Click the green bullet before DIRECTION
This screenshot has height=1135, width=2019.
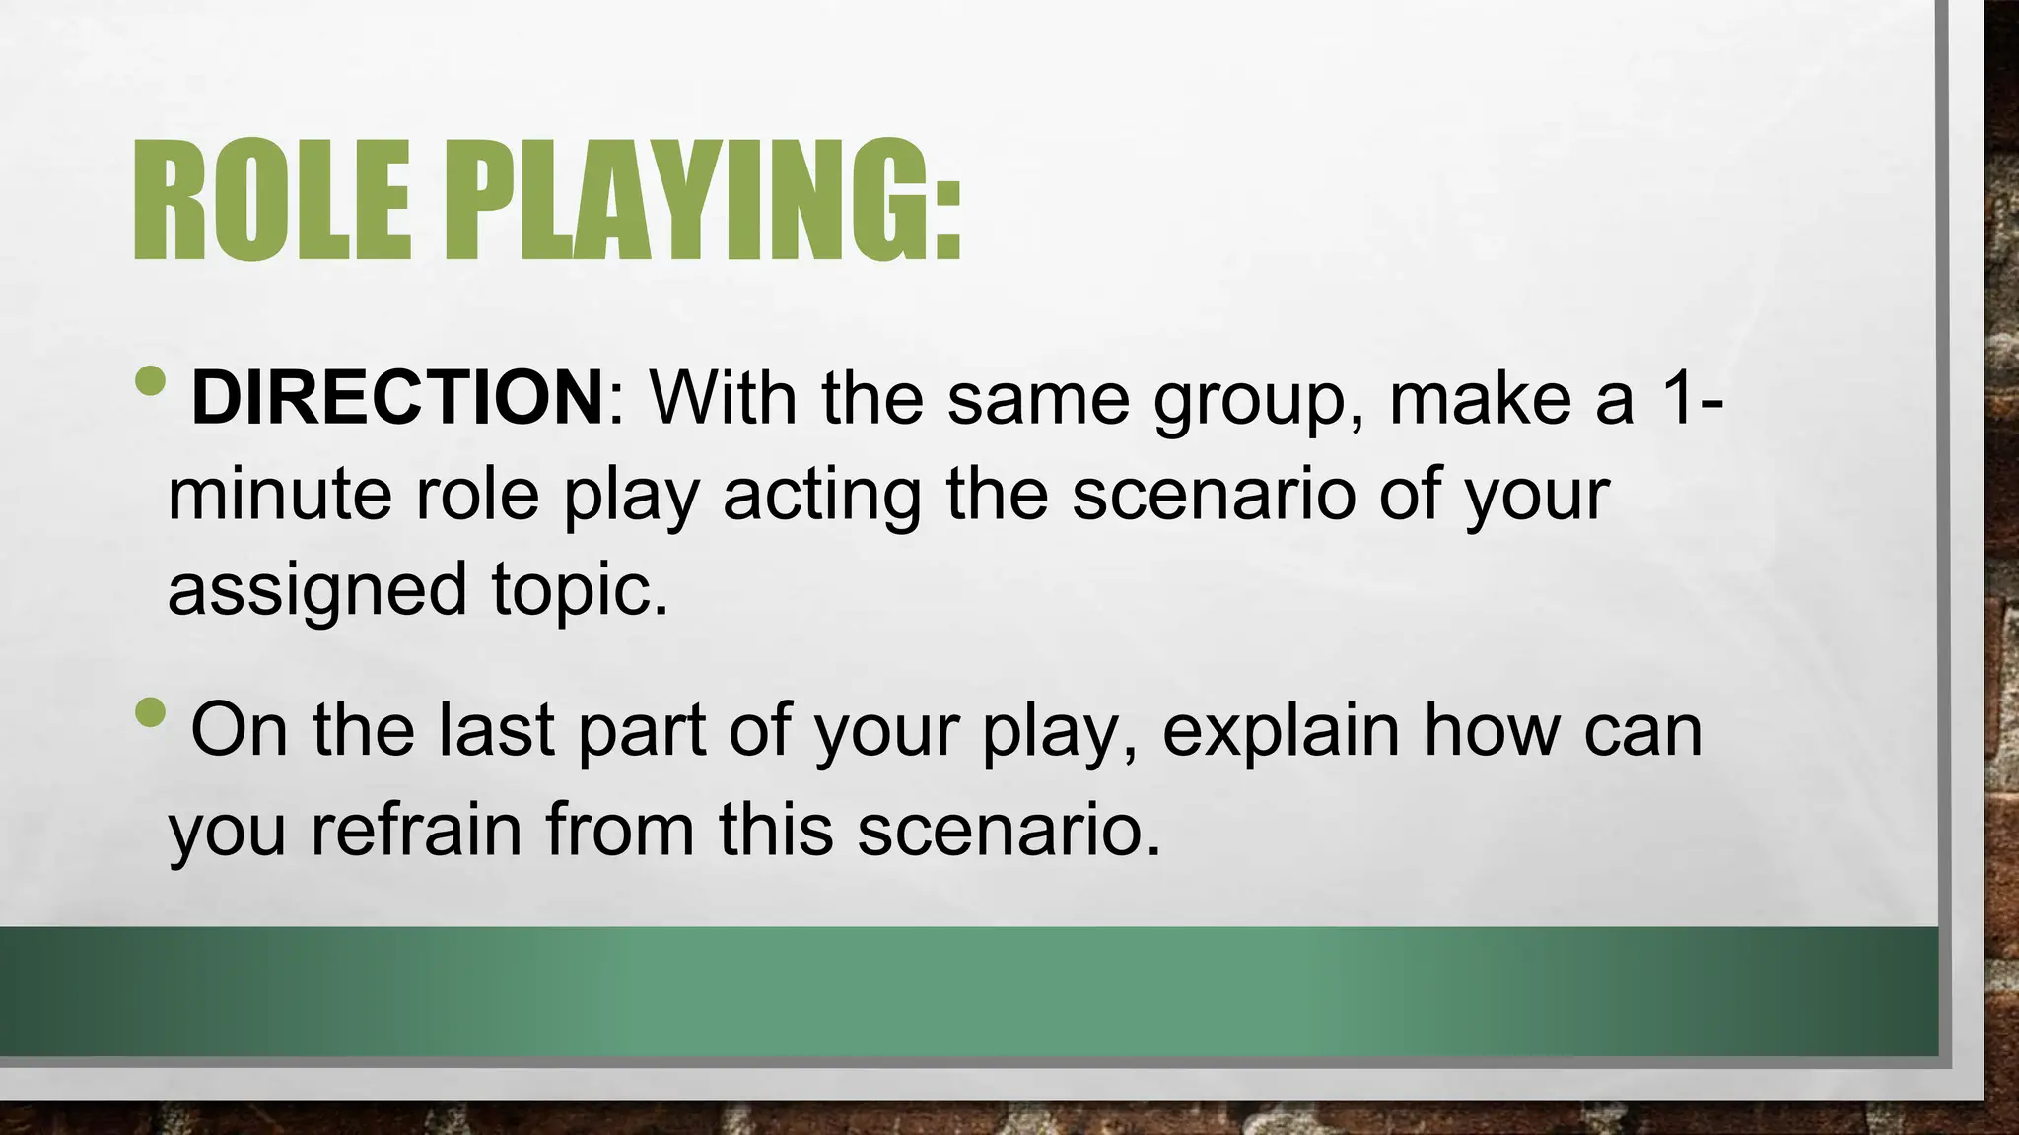(150, 380)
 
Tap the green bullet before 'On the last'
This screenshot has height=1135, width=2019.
(150, 711)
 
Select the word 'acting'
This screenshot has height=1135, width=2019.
(822, 495)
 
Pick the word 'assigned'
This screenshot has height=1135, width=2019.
(316, 590)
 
